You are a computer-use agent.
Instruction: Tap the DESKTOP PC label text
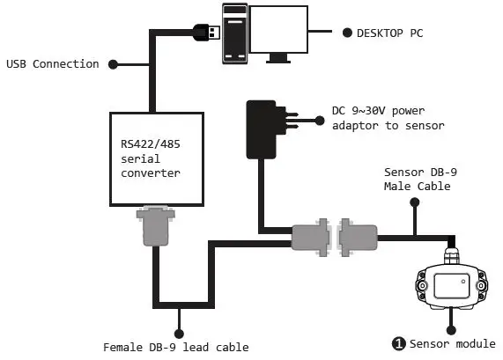coord(388,33)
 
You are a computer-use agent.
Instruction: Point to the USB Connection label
coord(52,64)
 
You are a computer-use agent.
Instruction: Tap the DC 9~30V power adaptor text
coord(387,119)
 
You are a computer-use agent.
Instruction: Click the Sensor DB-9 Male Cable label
coord(418,180)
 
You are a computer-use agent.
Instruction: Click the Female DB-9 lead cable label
coord(176,347)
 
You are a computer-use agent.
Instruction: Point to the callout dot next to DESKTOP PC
coord(345,33)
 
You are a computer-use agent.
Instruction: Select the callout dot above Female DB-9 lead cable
coord(179,333)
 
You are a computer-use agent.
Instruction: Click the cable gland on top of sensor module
coord(451,253)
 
